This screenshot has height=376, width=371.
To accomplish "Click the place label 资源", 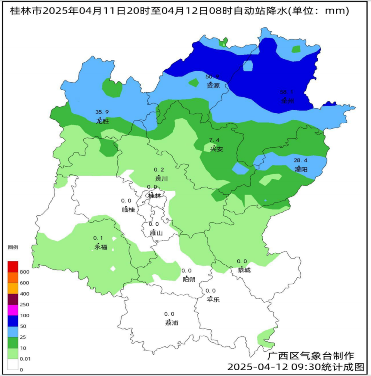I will coord(213,85).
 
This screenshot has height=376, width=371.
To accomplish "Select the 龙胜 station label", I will coord(102,121).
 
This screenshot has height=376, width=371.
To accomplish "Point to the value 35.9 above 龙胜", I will coord(102,112).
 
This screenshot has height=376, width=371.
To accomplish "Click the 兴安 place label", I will coord(216,149).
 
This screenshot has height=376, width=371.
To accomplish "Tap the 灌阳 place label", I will coord(301,169).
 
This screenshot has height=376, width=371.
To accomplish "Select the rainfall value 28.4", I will coord(300,160).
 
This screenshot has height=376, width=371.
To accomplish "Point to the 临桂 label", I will coord(128,209).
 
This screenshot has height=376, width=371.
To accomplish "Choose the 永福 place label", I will coord(101,247).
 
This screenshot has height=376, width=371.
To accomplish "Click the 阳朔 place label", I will coord(189,279).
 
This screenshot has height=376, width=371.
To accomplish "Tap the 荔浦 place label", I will coord(172,323).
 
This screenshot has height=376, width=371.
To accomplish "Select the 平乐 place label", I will coord(213,299).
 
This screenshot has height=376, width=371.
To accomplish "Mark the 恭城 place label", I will coord(244,270).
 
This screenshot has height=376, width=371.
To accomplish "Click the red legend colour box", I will coord(13,266).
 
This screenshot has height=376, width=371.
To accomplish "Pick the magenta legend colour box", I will coord(13,310).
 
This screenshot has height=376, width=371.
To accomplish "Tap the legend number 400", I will coord(24,294).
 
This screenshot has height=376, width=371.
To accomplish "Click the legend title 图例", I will coord(13,247).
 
